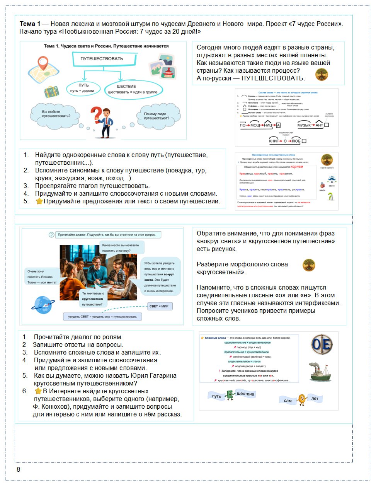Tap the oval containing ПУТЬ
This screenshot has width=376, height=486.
point(83,88)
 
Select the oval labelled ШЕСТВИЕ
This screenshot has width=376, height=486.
point(133,89)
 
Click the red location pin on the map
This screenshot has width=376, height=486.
point(43,63)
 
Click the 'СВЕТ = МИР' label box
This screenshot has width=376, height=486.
point(159,306)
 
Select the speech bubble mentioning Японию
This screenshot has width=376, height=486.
point(42,277)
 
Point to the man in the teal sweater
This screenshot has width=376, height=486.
point(98,271)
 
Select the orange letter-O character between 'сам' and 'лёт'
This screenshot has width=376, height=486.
point(302,400)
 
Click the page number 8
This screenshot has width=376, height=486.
point(18,469)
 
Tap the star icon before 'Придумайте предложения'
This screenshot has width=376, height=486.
point(39,201)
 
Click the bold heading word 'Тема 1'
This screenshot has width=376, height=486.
point(30,24)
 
